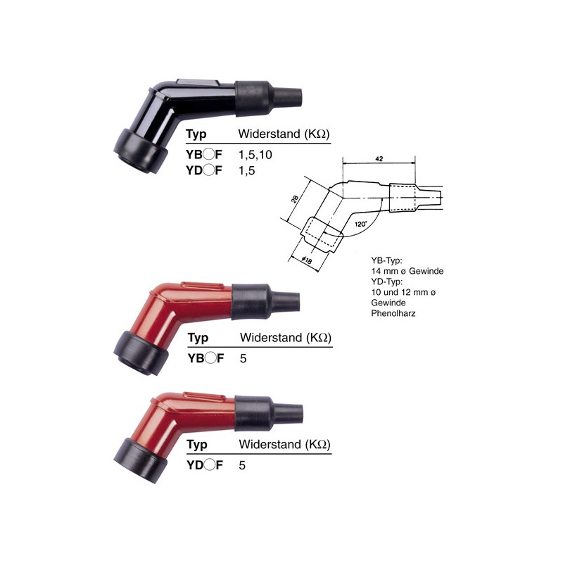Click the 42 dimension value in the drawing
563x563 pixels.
click(379, 159)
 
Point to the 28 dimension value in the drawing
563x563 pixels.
click(294, 198)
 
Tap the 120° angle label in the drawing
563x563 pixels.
click(360, 224)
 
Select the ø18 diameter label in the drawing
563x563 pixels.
click(307, 260)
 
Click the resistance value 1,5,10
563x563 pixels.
click(255, 155)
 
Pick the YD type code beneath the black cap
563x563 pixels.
click(204, 170)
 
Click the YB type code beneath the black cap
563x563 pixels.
click(204, 154)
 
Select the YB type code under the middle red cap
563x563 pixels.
click(205, 358)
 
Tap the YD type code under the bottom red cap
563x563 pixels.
click(205, 465)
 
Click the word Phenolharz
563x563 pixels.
click(393, 313)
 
